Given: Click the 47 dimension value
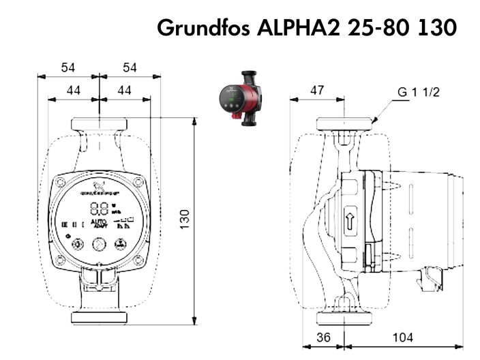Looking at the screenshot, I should (318, 90).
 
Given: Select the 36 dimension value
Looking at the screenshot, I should (324, 338).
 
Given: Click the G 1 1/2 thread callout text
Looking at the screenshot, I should (419, 93).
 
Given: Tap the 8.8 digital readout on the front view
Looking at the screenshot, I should (99, 209).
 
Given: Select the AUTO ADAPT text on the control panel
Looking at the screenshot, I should (99, 224).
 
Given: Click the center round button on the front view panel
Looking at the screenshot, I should (100, 243).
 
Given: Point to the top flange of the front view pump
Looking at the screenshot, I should (100, 125).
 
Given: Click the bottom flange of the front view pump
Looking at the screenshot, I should (100, 318).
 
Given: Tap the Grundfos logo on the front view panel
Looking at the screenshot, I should (100, 185).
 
